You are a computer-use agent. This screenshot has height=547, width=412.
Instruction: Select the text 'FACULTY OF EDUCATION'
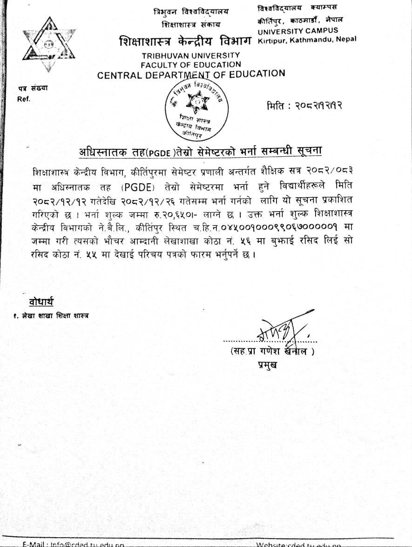[x=191, y=65]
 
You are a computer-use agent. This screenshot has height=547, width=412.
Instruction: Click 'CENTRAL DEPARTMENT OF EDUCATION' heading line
[x=191, y=74]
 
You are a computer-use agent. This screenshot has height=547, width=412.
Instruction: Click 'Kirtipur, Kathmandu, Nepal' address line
[x=307, y=40]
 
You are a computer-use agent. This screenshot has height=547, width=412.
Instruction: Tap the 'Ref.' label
[x=23, y=99]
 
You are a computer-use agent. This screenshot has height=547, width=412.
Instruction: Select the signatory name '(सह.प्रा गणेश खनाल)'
[x=272, y=351]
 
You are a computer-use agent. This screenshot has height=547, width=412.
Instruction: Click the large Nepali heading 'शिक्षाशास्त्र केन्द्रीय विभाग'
[x=185, y=41]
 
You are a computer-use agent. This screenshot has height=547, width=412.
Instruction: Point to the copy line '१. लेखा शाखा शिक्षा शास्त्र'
[x=51, y=316]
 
